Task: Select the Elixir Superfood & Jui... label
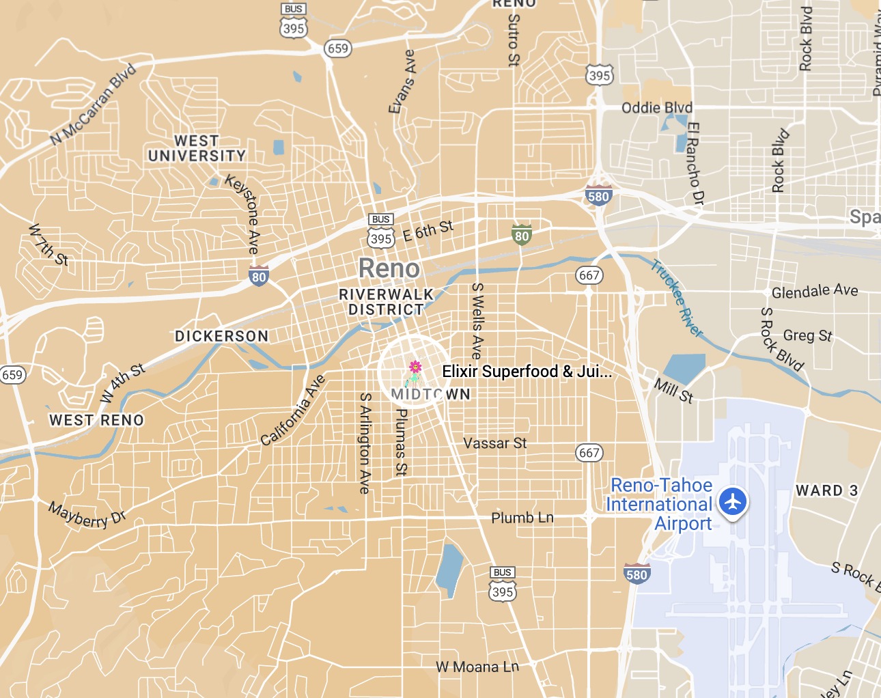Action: (x=527, y=372)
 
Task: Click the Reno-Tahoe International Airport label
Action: (x=660, y=504)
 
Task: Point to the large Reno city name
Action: (x=389, y=268)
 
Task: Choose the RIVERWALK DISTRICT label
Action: (x=387, y=302)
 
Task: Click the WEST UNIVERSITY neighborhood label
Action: (x=197, y=148)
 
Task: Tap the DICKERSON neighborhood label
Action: (x=222, y=336)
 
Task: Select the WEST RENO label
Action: (x=96, y=420)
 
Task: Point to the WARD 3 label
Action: (x=826, y=490)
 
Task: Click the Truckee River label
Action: (x=677, y=298)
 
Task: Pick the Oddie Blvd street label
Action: (x=657, y=108)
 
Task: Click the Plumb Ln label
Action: (x=522, y=518)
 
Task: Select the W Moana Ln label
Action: (x=477, y=667)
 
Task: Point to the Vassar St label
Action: (x=495, y=443)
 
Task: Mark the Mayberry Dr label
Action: (x=87, y=515)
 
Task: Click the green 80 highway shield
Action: (x=522, y=236)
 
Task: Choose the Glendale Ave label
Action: (x=815, y=291)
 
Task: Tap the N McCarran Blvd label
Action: (x=94, y=104)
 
